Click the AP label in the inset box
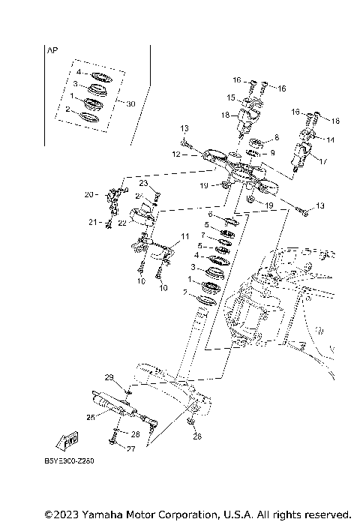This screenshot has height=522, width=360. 52,52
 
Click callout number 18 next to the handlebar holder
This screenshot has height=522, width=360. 225,115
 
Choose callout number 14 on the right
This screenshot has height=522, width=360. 331,140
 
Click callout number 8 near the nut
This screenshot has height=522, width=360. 276,138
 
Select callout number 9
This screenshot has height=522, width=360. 272,153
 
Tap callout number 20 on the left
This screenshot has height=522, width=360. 88,195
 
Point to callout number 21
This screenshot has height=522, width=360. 92,222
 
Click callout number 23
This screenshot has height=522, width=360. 143,183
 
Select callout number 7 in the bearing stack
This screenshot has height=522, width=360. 203,235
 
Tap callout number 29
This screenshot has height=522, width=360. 108,376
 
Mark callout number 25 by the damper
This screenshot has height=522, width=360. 91,417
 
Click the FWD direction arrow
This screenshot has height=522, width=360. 68,440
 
